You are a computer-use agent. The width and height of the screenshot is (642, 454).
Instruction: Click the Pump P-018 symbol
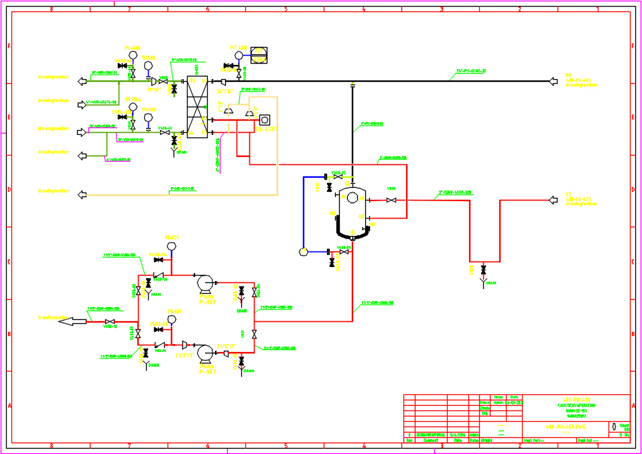(x=206, y=284)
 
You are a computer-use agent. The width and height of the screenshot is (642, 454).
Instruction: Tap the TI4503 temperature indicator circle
(x=148, y=66)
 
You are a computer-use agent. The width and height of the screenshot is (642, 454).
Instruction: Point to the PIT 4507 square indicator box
(x=259, y=54)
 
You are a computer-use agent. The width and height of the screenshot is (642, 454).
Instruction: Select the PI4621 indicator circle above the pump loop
(x=171, y=246)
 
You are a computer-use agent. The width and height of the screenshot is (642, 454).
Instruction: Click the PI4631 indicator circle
(x=171, y=319)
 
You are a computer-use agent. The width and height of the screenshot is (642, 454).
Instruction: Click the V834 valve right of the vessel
(x=391, y=200)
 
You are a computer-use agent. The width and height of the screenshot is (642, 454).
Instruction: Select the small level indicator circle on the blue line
(x=303, y=251)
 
